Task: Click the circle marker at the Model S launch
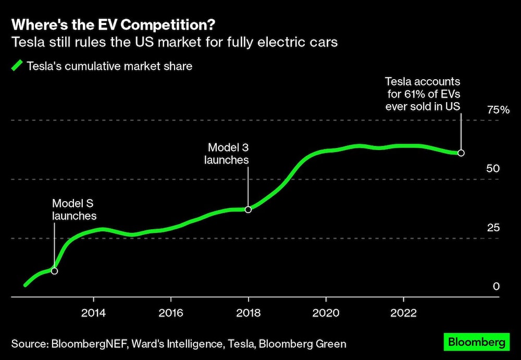tap(54, 271)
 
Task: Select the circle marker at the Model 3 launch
tap(248, 209)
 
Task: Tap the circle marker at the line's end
tap(461, 153)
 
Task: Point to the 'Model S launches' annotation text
tap(74, 209)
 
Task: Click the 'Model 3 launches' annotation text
tap(227, 154)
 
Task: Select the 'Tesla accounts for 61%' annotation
tap(423, 94)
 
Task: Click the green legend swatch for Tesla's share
tap(17, 66)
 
